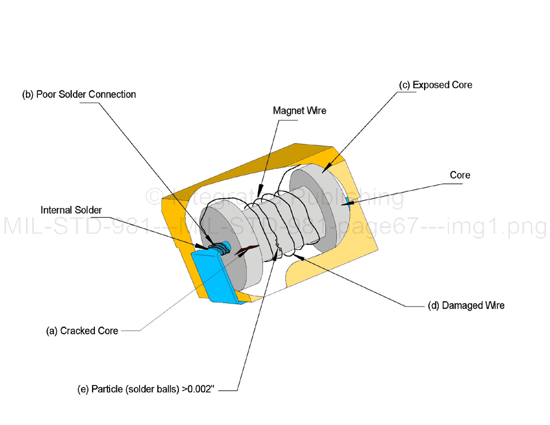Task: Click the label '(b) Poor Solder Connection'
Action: [79, 94]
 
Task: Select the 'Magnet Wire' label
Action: [299, 111]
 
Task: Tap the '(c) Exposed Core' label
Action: [435, 85]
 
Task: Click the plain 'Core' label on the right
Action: [460, 175]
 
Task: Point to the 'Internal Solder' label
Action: [71, 210]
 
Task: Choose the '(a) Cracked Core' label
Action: [82, 331]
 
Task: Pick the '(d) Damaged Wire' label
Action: [466, 305]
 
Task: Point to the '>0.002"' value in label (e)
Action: [198, 389]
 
